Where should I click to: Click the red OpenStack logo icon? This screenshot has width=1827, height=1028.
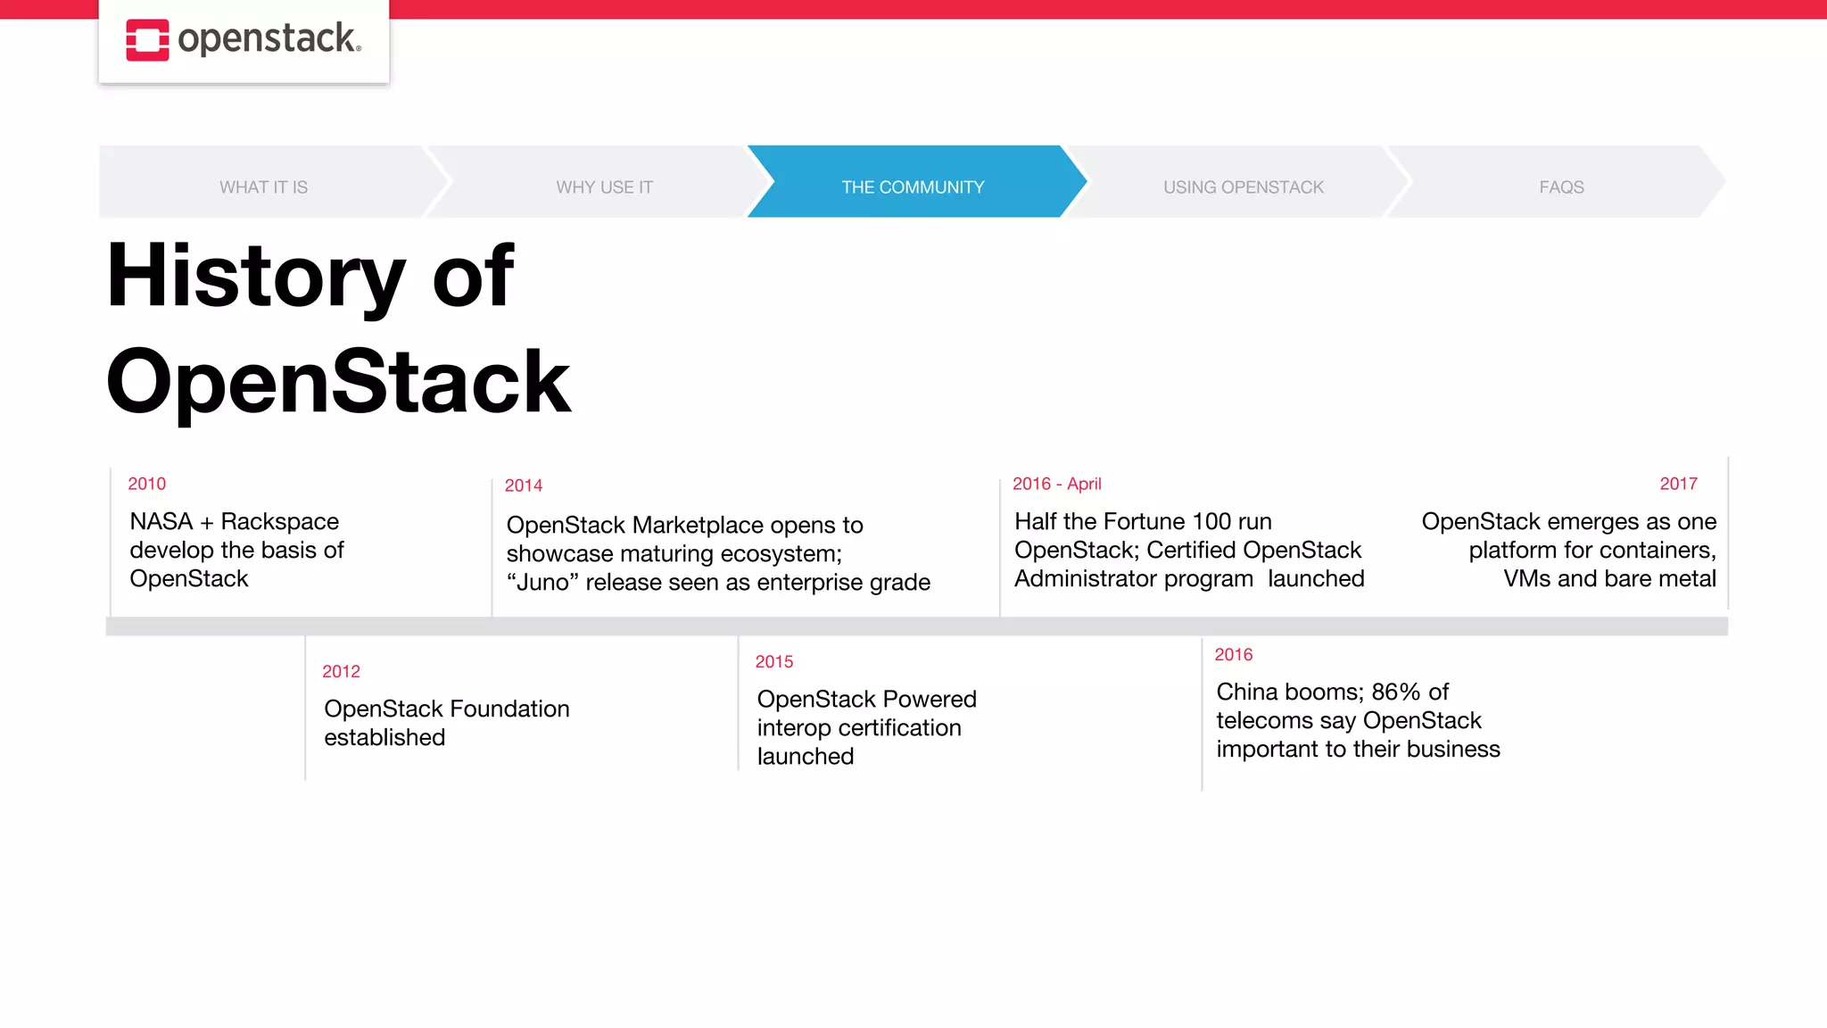click(x=147, y=40)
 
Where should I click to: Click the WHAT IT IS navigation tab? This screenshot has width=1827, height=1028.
click(x=263, y=187)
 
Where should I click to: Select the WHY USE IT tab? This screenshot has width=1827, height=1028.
click(x=604, y=187)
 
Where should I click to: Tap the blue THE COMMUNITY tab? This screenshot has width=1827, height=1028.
click(x=913, y=187)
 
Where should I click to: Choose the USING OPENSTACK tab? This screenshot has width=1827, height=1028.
click(x=1243, y=187)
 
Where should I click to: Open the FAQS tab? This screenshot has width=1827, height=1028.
click(x=1560, y=187)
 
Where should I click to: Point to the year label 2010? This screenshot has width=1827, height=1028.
click(x=146, y=484)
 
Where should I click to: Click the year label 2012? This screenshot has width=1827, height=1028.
click(x=341, y=671)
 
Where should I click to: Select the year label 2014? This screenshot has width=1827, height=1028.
click(x=523, y=485)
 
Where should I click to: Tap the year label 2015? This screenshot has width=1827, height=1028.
click(x=773, y=661)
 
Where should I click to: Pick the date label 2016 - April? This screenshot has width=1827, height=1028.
click(x=1056, y=484)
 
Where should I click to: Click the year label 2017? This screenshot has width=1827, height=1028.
click(x=1677, y=484)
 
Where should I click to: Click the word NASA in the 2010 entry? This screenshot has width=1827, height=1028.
click(x=161, y=521)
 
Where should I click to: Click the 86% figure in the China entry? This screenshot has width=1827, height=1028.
click(x=1395, y=692)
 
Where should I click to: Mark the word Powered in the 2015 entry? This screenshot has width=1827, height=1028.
click(x=930, y=699)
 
